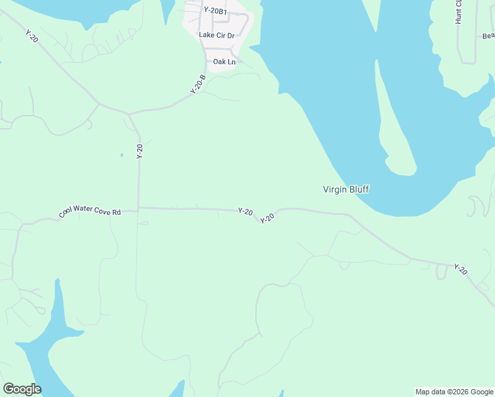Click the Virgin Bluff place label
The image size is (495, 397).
point(345,190)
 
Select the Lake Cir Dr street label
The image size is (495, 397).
point(217,35)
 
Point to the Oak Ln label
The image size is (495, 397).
point(224,62)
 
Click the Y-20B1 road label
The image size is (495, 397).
point(215,11)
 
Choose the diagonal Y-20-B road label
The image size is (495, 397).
point(199,84)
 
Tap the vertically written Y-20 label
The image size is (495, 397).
point(140,151)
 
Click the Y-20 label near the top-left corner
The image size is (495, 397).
point(32,36)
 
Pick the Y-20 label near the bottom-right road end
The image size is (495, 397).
point(461,269)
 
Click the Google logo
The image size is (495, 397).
point(22,389)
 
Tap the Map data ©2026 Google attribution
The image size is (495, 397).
point(455,392)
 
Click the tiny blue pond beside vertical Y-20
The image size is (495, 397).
point(122,155)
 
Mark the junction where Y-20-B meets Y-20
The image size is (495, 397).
point(130,114)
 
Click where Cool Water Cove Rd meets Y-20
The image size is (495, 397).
point(138,208)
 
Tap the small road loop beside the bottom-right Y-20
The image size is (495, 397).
point(441,273)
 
